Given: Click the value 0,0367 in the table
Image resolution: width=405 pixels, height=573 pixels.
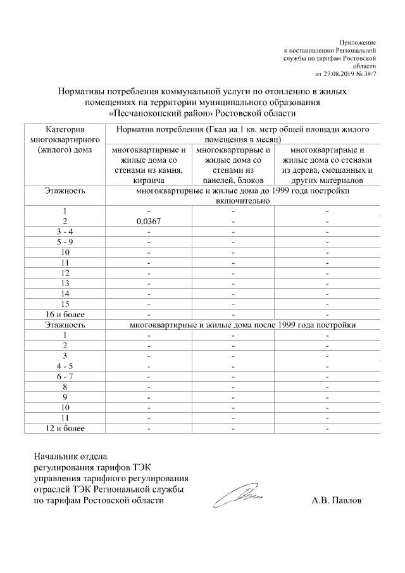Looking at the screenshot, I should pos(149,222).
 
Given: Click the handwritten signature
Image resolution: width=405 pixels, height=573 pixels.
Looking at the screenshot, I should pos(237,496).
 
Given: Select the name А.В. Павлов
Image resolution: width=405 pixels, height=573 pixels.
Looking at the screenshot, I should pos(337,500).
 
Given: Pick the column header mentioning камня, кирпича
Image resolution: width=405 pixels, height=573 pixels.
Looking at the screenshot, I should pos(149,165).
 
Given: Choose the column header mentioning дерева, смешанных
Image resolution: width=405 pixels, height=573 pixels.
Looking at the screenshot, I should pos(327,165).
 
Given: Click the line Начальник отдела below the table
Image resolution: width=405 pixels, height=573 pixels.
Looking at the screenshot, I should pos(71,456).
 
